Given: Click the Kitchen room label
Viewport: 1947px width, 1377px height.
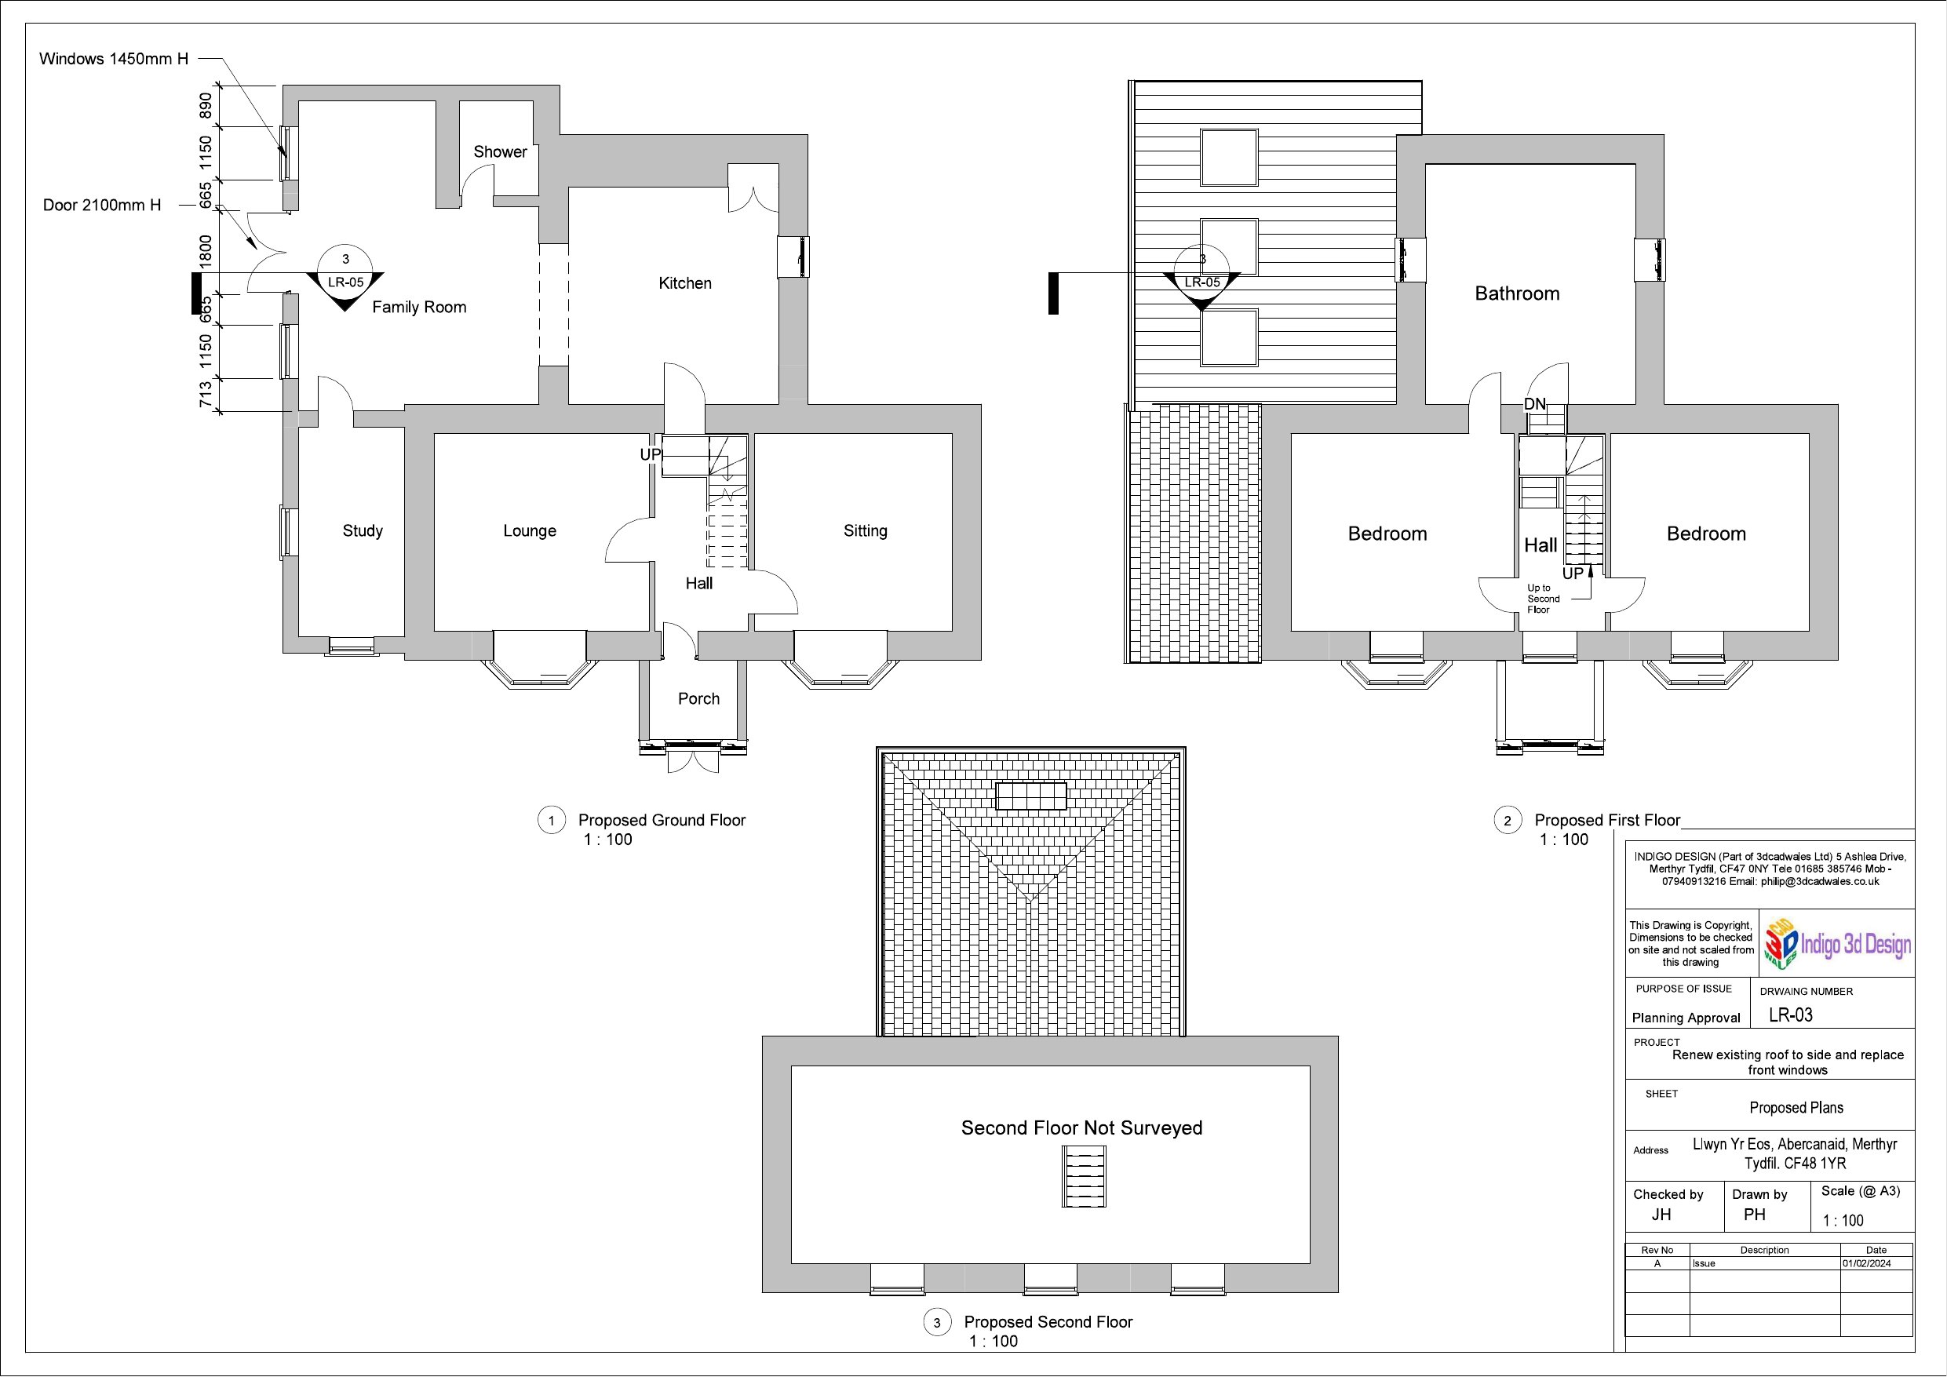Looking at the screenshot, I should point(684,283).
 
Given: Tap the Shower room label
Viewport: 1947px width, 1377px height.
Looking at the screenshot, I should point(499,151).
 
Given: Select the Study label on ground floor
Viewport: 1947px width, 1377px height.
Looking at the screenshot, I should point(362,530).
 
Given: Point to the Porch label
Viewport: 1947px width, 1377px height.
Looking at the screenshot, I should point(698,698).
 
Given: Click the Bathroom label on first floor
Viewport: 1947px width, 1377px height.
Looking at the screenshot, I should point(1517,293).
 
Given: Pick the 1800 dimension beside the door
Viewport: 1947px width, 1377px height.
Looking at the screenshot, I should point(205,250).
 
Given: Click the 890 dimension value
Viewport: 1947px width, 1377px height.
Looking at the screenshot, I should point(205,106).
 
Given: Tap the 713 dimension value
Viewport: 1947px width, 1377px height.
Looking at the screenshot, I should point(205,395).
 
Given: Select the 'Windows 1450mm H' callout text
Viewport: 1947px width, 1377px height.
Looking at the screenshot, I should point(114,59).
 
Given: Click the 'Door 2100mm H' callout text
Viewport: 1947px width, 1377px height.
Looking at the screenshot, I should point(102,206).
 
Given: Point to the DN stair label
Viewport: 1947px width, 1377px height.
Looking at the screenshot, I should point(1535,404).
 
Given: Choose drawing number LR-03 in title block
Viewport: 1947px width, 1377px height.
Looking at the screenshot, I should point(1790,1015).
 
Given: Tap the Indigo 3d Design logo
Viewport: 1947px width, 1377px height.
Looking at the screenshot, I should point(1838,944).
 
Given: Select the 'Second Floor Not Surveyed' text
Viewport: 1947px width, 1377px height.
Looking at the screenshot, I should point(1081,1127).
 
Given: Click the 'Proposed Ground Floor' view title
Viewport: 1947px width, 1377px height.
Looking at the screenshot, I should point(662,820).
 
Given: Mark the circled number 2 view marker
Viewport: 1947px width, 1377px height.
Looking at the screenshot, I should point(1507,821).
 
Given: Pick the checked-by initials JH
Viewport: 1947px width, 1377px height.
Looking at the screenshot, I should point(1661,1215).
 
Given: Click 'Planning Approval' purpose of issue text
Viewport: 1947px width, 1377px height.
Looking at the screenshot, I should point(1686,1018).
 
